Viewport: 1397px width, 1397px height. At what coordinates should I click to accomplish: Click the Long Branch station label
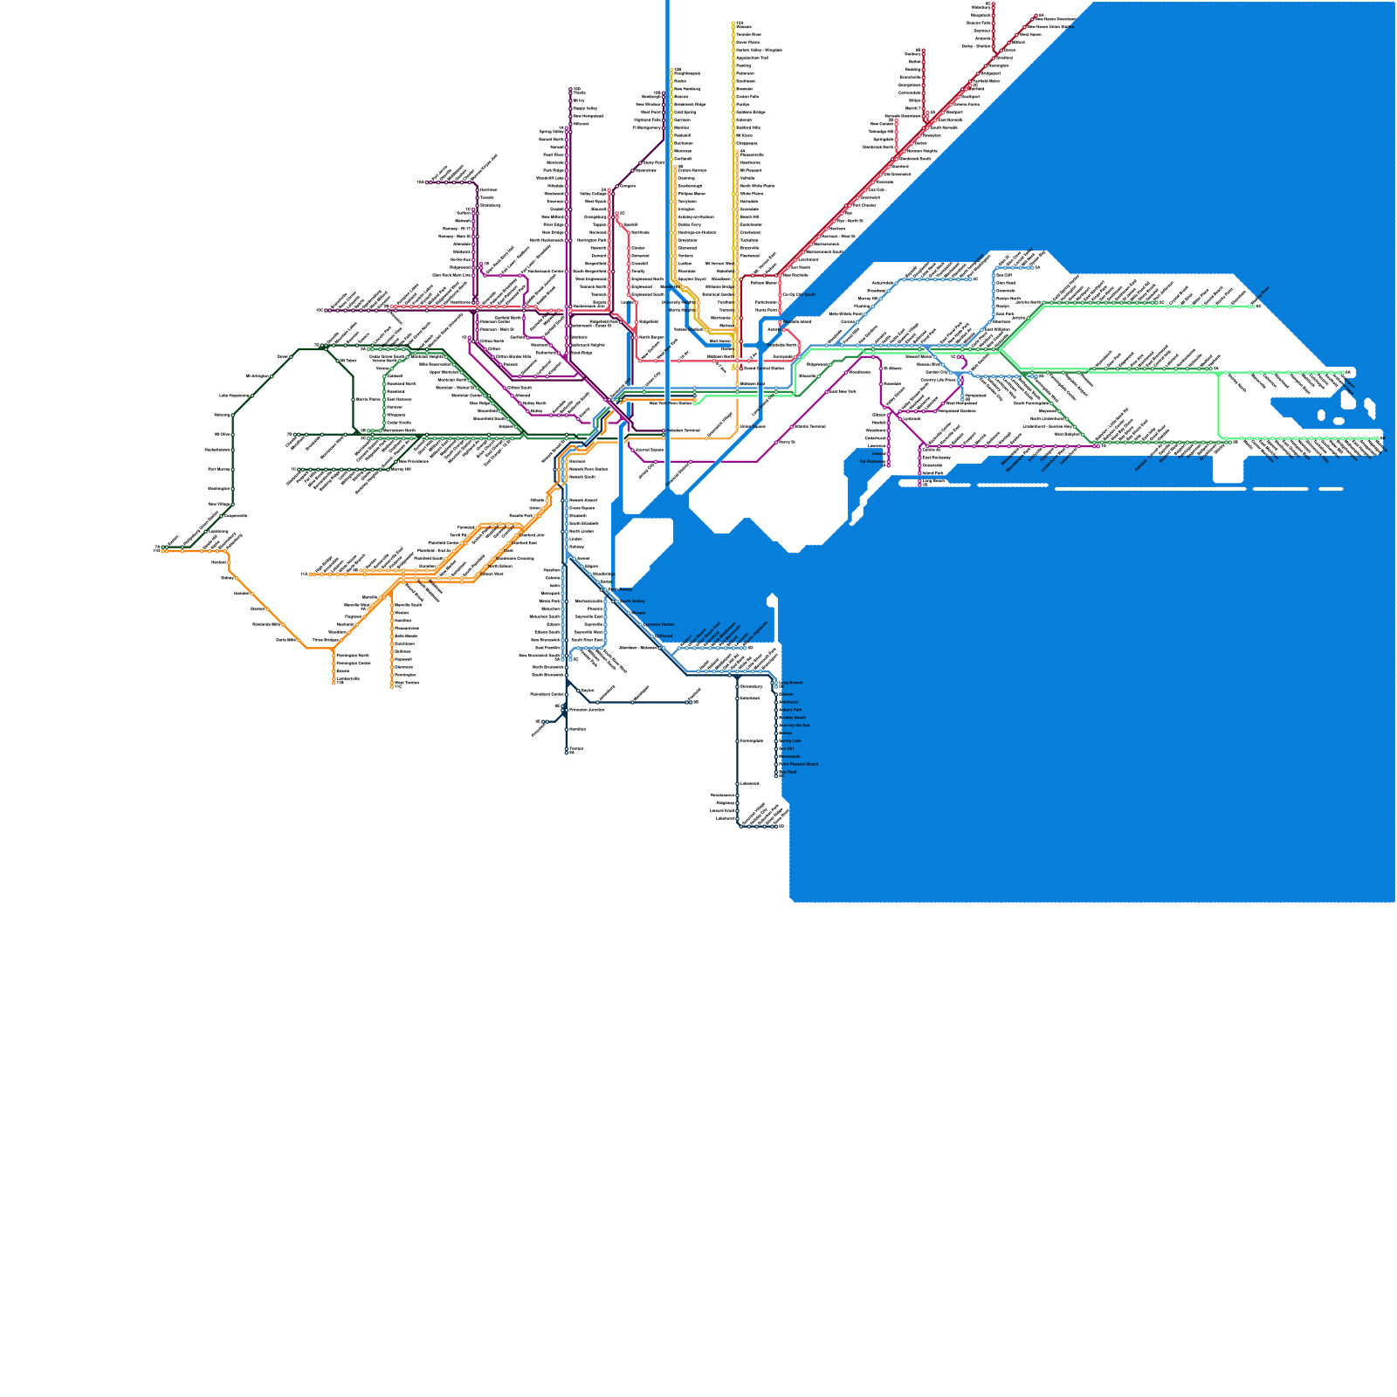tap(790, 683)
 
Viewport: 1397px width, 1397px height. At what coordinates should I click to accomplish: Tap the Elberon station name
tap(787, 694)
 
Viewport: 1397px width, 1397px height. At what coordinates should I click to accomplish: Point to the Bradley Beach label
tap(792, 718)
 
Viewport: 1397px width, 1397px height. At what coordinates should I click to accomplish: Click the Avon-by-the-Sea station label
tap(794, 726)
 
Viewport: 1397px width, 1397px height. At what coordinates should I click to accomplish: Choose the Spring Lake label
tap(790, 741)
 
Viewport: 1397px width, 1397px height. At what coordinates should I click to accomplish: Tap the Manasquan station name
tap(788, 757)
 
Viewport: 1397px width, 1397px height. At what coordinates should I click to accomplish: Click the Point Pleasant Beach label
tap(799, 765)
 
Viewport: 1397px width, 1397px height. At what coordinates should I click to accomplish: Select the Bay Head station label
tap(788, 773)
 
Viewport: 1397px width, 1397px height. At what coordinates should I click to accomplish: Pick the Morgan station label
tap(637, 613)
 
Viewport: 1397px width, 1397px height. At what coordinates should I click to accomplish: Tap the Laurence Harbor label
tap(657, 625)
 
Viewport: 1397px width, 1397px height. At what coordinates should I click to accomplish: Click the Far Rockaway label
tap(871, 462)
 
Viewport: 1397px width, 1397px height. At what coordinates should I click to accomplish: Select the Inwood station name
tap(877, 454)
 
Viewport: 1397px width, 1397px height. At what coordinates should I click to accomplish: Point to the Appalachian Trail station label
tap(752, 58)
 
